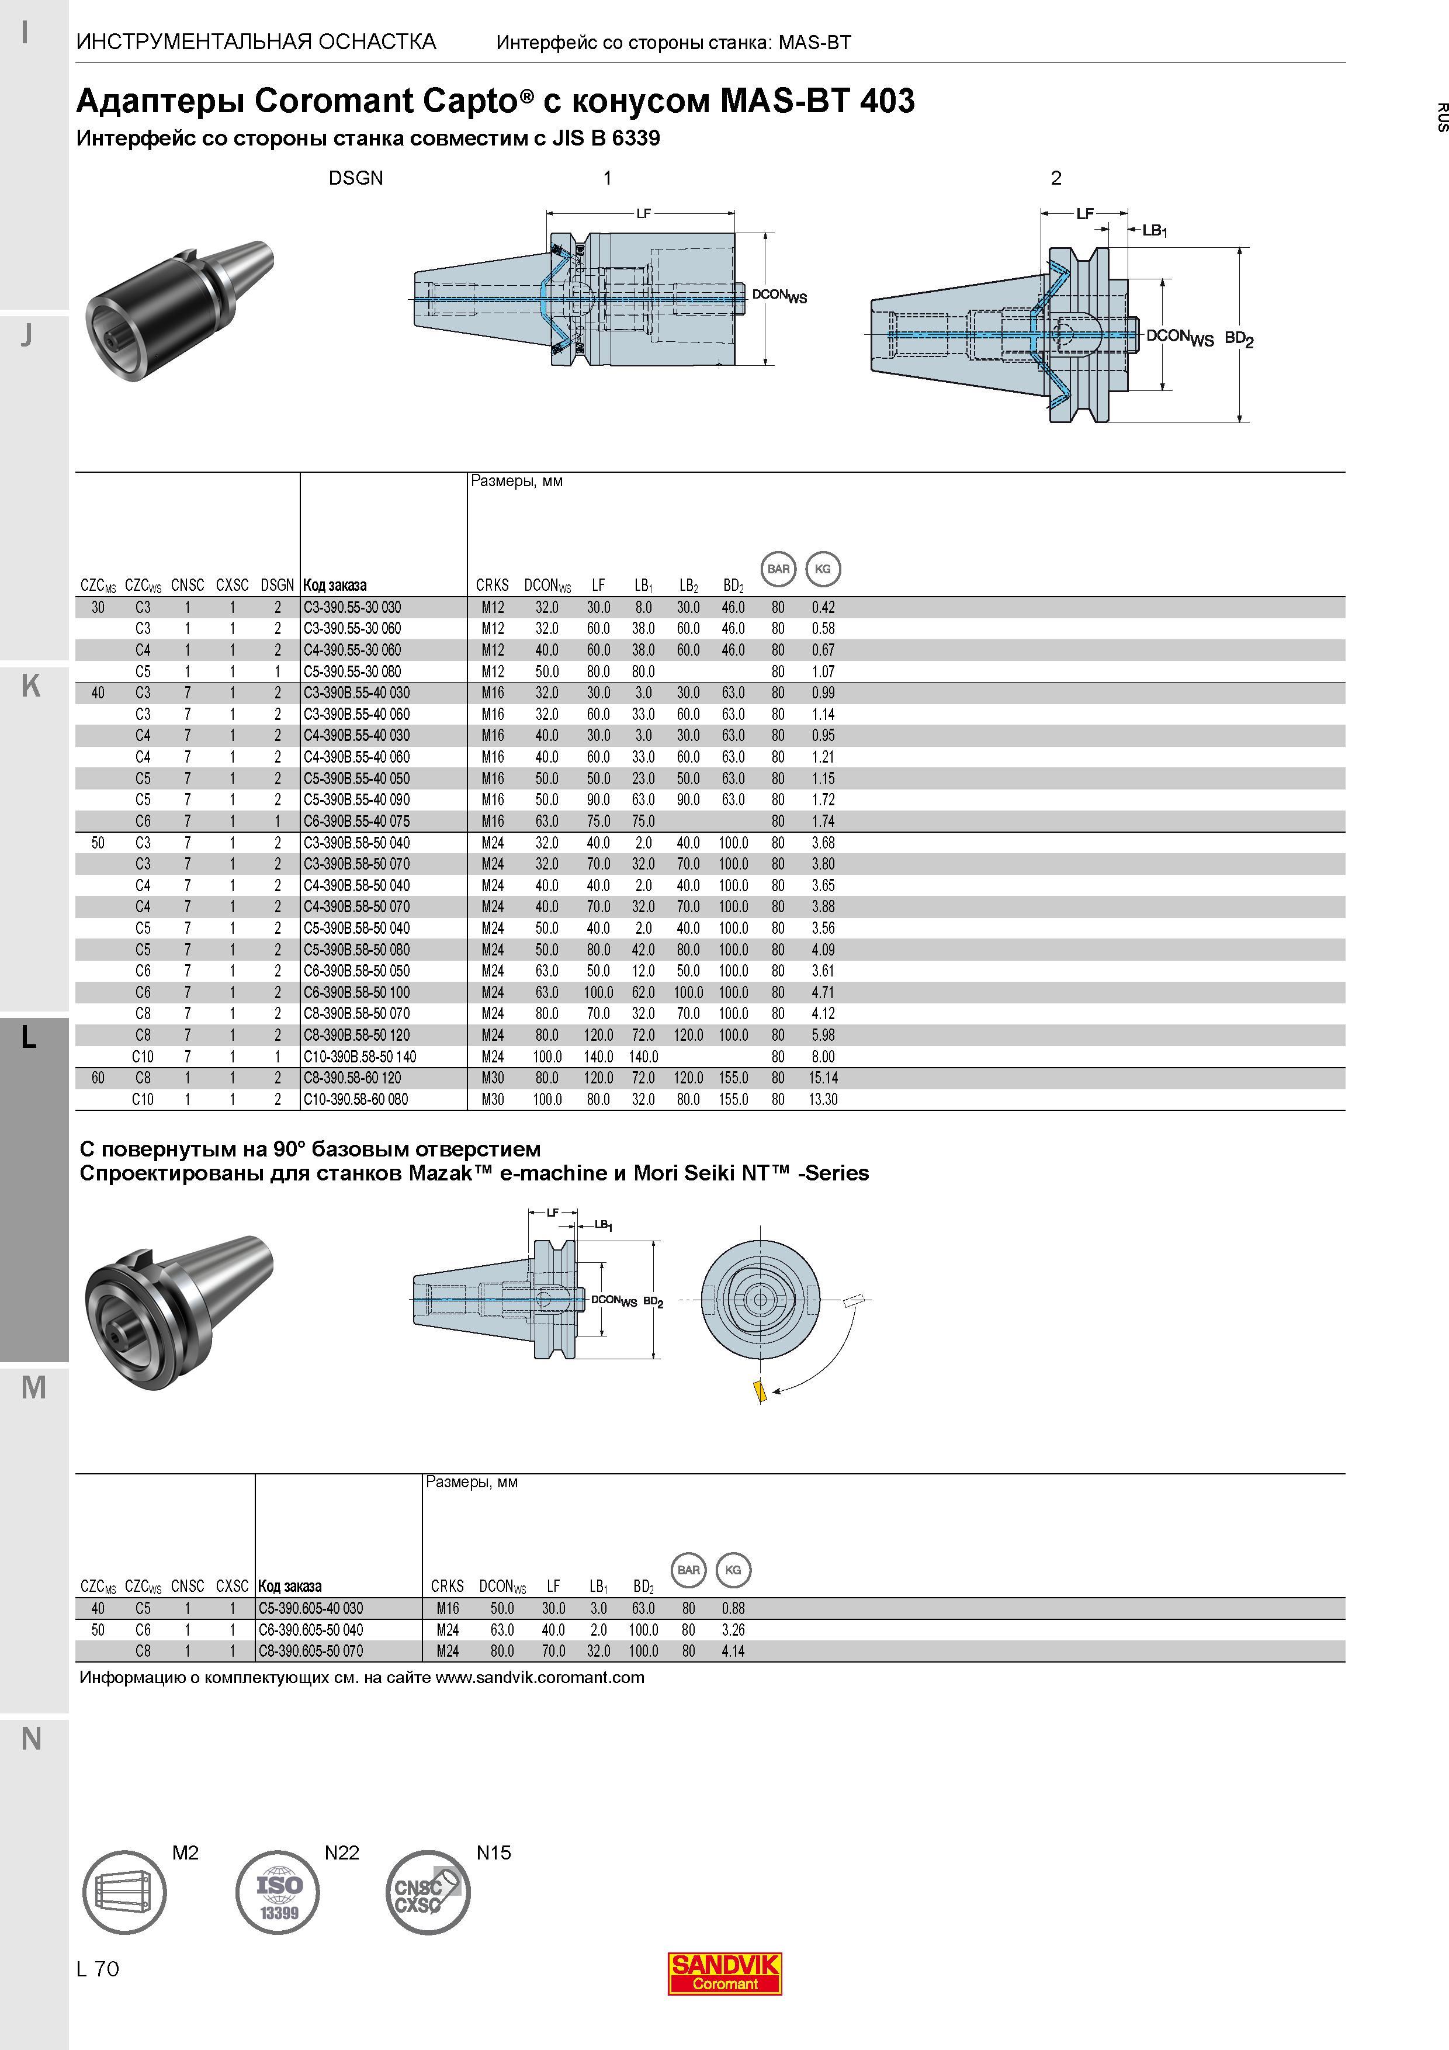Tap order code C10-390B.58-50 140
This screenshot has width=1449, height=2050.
pos(360,1056)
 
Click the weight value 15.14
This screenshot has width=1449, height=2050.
pos(823,1078)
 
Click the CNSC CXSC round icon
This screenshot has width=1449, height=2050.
pos(428,1892)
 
